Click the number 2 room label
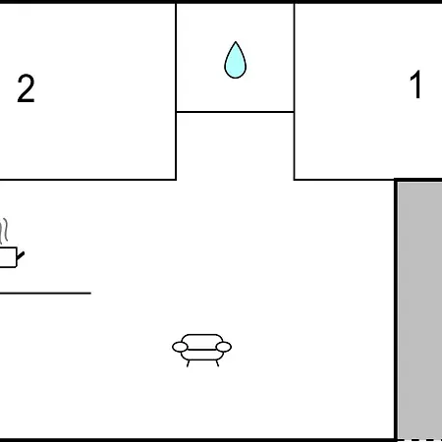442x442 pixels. pos(26,88)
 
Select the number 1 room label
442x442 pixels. pos(415,84)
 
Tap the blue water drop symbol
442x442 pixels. pos(235,60)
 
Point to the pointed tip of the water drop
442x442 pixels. pos(236,42)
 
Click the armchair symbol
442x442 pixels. pos(201,350)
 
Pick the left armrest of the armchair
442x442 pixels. pos(180,347)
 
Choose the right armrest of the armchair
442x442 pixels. pos(224,347)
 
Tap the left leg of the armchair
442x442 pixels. pos(188,363)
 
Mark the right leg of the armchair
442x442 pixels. pos(217,363)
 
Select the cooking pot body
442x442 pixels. pos(8,257)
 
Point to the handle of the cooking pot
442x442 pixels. pos(21,255)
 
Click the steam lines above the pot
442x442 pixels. pos(4,231)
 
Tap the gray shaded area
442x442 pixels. pos(420,310)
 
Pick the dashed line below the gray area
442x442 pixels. pos(420,440)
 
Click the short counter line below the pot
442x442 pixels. pos(45,293)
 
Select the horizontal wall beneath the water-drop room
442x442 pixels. pos(235,112)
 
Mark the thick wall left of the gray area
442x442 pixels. pos(396,309)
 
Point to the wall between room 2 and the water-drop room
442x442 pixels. pos(176,91)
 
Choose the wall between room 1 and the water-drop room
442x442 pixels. pos(294,91)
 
